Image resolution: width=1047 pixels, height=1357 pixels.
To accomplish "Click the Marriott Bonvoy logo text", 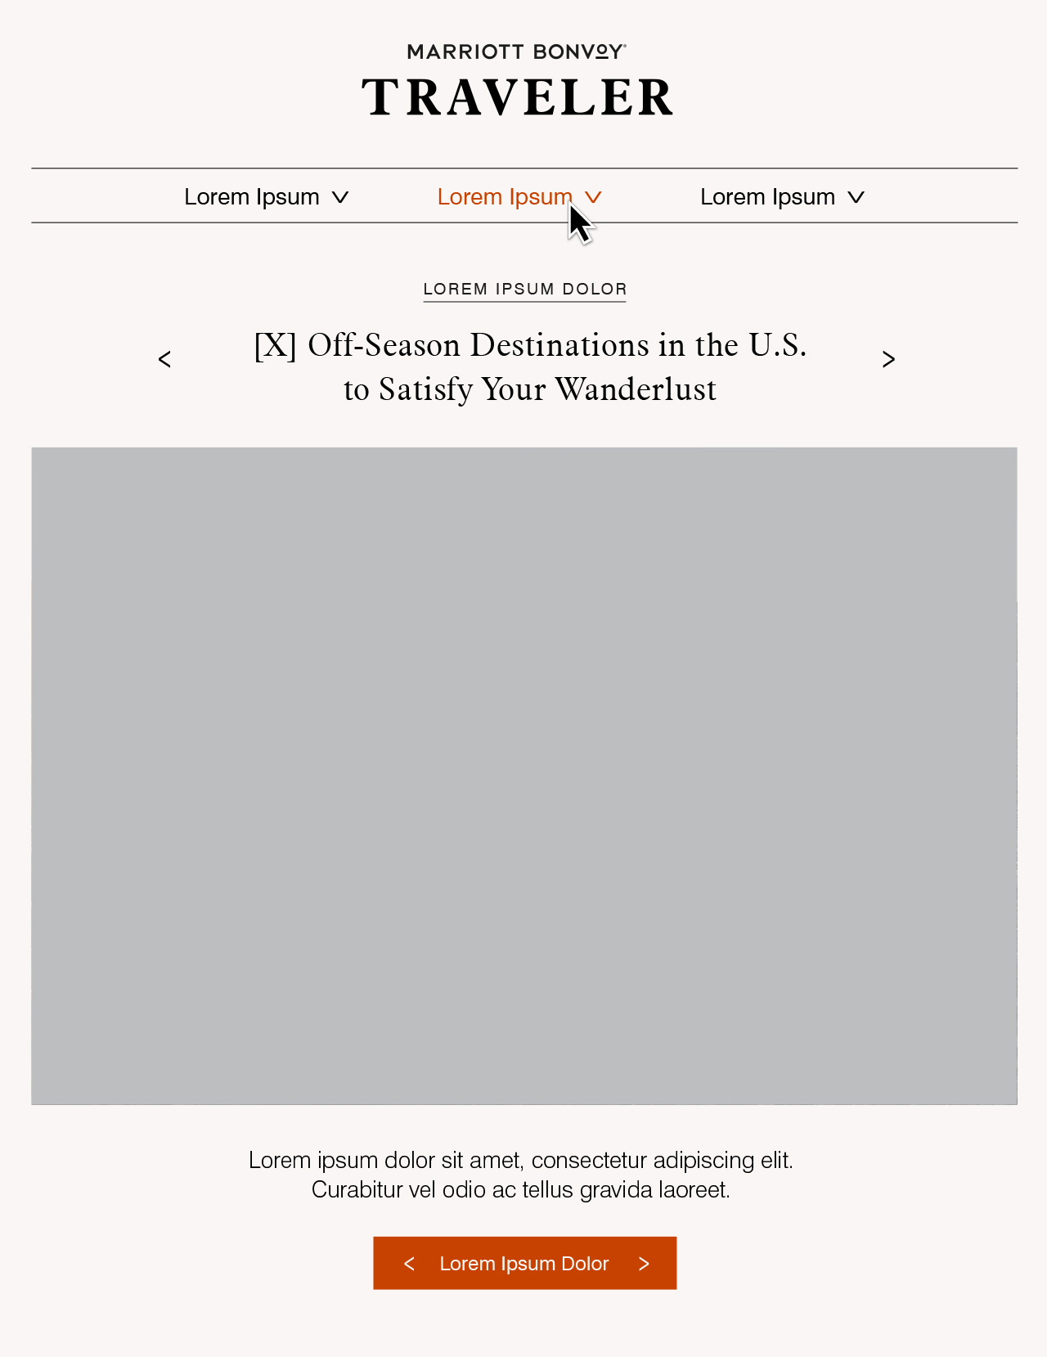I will point(516,52).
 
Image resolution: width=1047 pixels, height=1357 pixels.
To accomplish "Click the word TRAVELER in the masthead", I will point(517,97).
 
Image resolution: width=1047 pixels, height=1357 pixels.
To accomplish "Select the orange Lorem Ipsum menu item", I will point(504,197).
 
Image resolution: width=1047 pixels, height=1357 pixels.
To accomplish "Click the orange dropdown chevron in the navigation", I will point(594,197).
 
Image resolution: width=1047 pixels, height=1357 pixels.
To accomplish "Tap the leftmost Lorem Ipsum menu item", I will point(251,197).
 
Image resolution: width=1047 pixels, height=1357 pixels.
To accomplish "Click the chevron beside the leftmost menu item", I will point(340,197).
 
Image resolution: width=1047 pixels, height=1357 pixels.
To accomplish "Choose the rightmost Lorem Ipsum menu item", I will point(767,197).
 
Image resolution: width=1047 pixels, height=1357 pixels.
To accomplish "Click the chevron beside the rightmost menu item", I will point(856,197).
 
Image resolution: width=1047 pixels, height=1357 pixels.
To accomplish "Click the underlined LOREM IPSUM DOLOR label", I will point(524,290).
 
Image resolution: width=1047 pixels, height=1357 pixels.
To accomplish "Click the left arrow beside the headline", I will point(164,359).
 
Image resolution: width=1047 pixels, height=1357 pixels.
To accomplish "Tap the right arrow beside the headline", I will point(888,359).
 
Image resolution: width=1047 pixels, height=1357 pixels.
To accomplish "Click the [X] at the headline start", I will point(275,345).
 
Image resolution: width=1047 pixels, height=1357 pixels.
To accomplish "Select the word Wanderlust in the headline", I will point(636,389).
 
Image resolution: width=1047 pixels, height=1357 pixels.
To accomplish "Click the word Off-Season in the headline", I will point(384,345).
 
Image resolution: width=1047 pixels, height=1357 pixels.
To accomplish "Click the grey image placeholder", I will point(524,775).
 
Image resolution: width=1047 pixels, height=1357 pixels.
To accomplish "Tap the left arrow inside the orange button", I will point(409,1264).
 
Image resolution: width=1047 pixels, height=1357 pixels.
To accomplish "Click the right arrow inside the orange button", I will point(644,1264).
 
